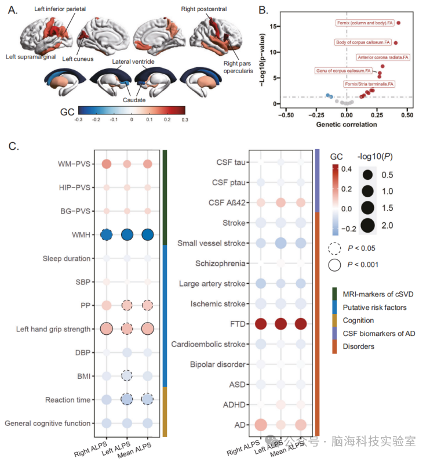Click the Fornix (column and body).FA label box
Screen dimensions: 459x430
tap(365, 23)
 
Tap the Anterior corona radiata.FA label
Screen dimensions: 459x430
tap(383, 57)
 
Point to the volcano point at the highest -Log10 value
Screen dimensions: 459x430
tap(398, 23)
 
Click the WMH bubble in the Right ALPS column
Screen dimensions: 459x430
tap(106, 234)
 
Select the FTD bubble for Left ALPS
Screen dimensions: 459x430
tap(281, 324)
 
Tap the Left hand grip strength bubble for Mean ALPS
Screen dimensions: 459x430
tap(147, 329)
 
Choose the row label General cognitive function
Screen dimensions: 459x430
tap(48, 423)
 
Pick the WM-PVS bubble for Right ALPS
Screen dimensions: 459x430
tap(106, 164)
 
